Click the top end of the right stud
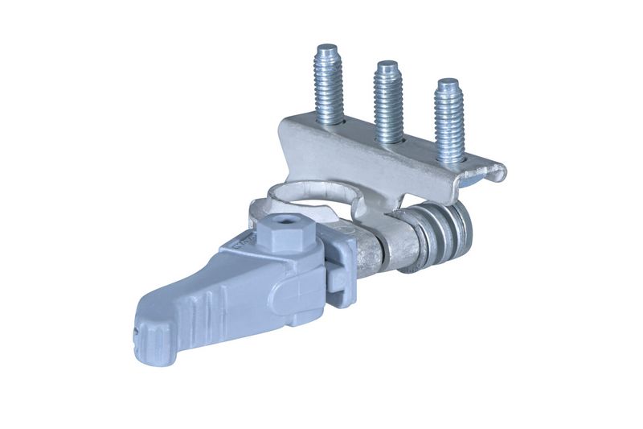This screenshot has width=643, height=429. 448,83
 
